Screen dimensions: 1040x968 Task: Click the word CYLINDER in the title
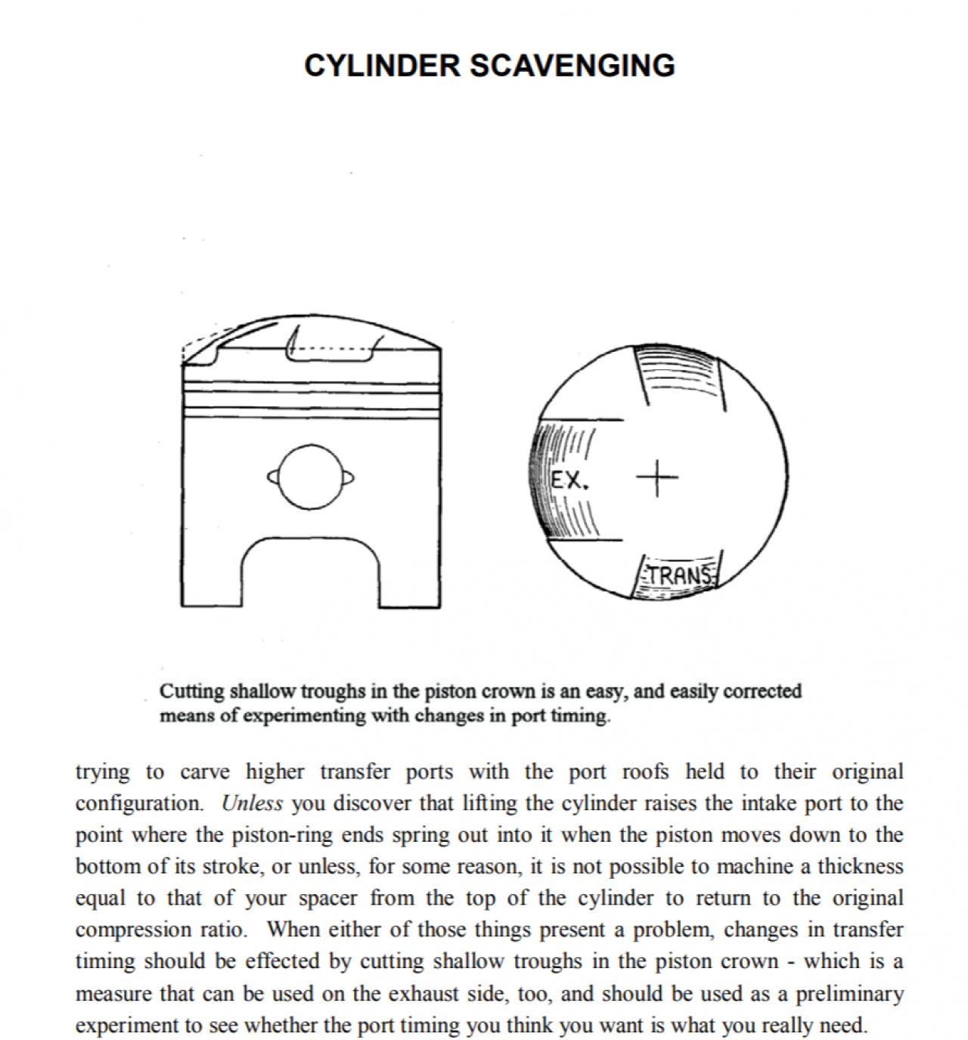(383, 66)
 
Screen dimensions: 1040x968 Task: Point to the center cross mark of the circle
(656, 478)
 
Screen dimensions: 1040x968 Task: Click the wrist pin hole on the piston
(310, 477)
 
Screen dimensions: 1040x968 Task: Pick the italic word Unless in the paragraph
(252, 803)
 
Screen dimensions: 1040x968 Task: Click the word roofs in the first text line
(644, 772)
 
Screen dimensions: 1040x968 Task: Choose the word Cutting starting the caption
(191, 691)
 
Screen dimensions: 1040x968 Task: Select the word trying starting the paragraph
(102, 772)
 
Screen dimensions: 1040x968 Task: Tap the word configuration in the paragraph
(139, 803)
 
